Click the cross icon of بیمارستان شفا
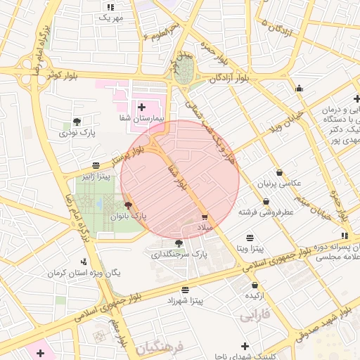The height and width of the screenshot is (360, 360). coord(142,108)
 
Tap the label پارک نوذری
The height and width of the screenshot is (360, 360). coord(77,131)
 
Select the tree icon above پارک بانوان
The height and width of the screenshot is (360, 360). coord(128,205)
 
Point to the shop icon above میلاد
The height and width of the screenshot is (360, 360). coord(205,217)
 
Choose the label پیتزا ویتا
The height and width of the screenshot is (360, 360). coord(250,249)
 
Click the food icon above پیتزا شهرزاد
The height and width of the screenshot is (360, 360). coord(185,290)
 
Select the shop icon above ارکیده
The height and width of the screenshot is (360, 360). coord(255,285)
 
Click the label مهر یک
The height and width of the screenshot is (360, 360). coord(110,17)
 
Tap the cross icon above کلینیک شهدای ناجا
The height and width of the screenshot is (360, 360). coord(245,346)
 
